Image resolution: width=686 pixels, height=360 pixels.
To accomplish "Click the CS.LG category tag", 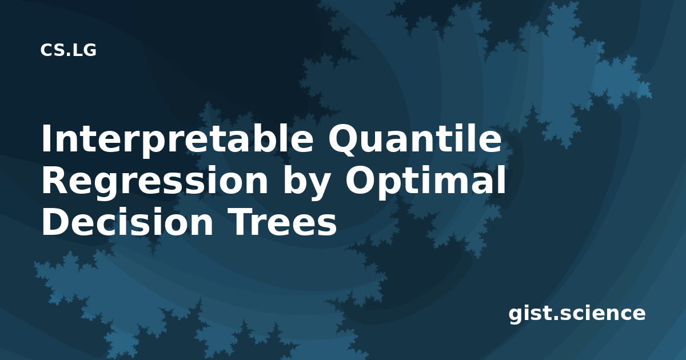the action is click(x=68, y=50).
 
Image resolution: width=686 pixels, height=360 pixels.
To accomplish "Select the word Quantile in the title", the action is click(x=414, y=138).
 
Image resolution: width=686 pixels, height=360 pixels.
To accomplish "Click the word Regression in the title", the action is click(x=155, y=181).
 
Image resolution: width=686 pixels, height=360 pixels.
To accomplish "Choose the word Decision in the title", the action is click(x=127, y=221).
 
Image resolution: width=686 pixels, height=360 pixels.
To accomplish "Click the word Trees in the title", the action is click(x=284, y=221).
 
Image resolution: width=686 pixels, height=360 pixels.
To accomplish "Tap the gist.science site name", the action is click(x=577, y=314).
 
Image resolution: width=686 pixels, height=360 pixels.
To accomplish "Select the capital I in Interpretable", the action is click(x=46, y=138).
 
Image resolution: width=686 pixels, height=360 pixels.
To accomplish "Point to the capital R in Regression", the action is click(x=55, y=180).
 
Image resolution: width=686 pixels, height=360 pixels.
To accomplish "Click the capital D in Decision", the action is click(x=56, y=221).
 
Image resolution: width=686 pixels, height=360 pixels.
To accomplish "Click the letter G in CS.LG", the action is click(x=89, y=50).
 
